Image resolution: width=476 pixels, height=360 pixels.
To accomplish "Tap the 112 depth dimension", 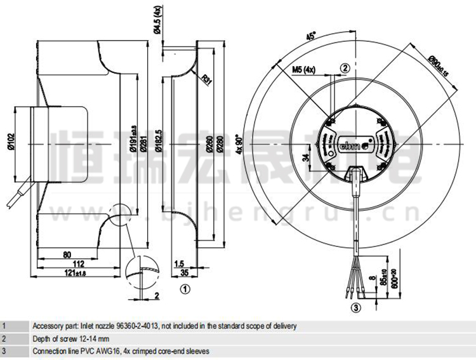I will pos(79,263).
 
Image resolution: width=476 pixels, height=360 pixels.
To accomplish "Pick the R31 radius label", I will pos(206,80).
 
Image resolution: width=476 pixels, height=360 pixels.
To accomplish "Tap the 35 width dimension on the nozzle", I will pos(184,273).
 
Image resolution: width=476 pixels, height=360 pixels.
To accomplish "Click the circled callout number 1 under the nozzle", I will pos(185,290).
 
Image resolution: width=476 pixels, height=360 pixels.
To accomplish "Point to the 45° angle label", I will pos(310,36).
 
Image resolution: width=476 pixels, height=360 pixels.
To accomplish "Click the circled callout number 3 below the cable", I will pos(355,309).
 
